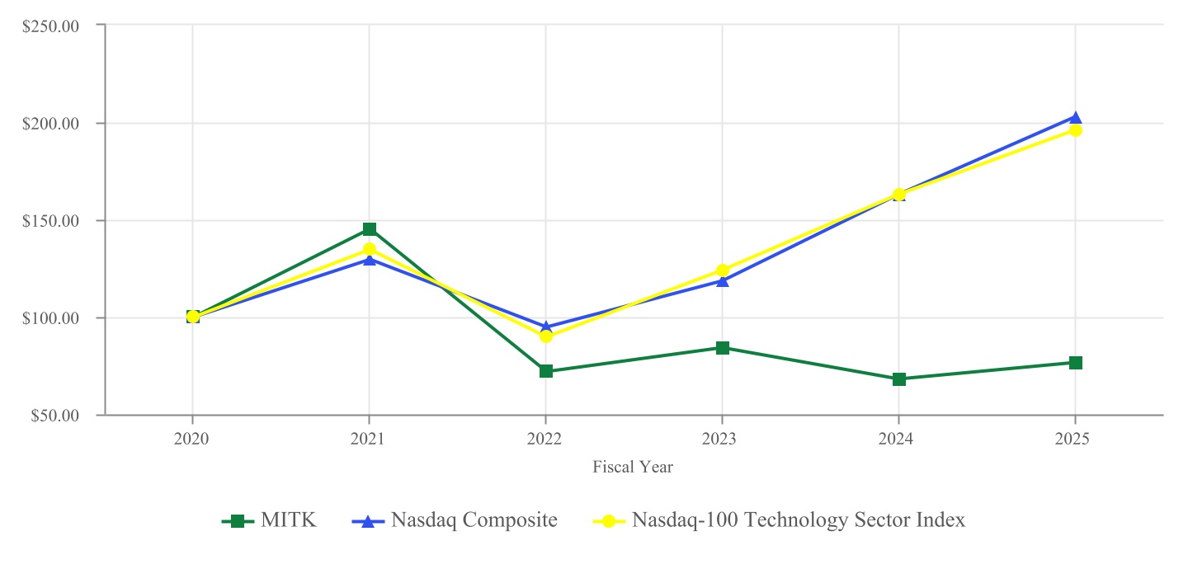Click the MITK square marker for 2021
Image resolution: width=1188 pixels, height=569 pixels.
(369, 229)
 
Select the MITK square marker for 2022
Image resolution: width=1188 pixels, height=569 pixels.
(545, 371)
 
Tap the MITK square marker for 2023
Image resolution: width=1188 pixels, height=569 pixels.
(722, 348)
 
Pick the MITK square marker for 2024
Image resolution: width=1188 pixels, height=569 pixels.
(898, 379)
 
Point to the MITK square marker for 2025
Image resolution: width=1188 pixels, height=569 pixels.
(1075, 363)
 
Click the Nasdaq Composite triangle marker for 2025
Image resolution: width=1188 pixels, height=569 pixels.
(1075, 118)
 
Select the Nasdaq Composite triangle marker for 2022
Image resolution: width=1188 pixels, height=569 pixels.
(545, 327)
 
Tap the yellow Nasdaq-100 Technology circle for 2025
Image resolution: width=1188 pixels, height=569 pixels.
(1075, 130)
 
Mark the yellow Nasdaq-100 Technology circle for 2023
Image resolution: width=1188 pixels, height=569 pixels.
(722, 270)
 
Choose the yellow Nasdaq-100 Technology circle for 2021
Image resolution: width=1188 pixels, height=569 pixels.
(369, 249)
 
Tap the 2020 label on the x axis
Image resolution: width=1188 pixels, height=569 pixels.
(192, 440)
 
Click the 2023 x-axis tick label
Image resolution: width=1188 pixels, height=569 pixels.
(722, 440)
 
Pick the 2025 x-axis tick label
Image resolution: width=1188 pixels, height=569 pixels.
(1075, 440)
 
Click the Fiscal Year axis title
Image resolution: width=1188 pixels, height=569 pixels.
(633, 468)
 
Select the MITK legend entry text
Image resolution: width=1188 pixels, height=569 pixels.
(289, 520)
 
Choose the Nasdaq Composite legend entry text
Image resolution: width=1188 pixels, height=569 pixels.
(474, 520)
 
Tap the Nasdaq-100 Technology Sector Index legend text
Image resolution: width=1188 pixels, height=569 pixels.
(798, 520)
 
